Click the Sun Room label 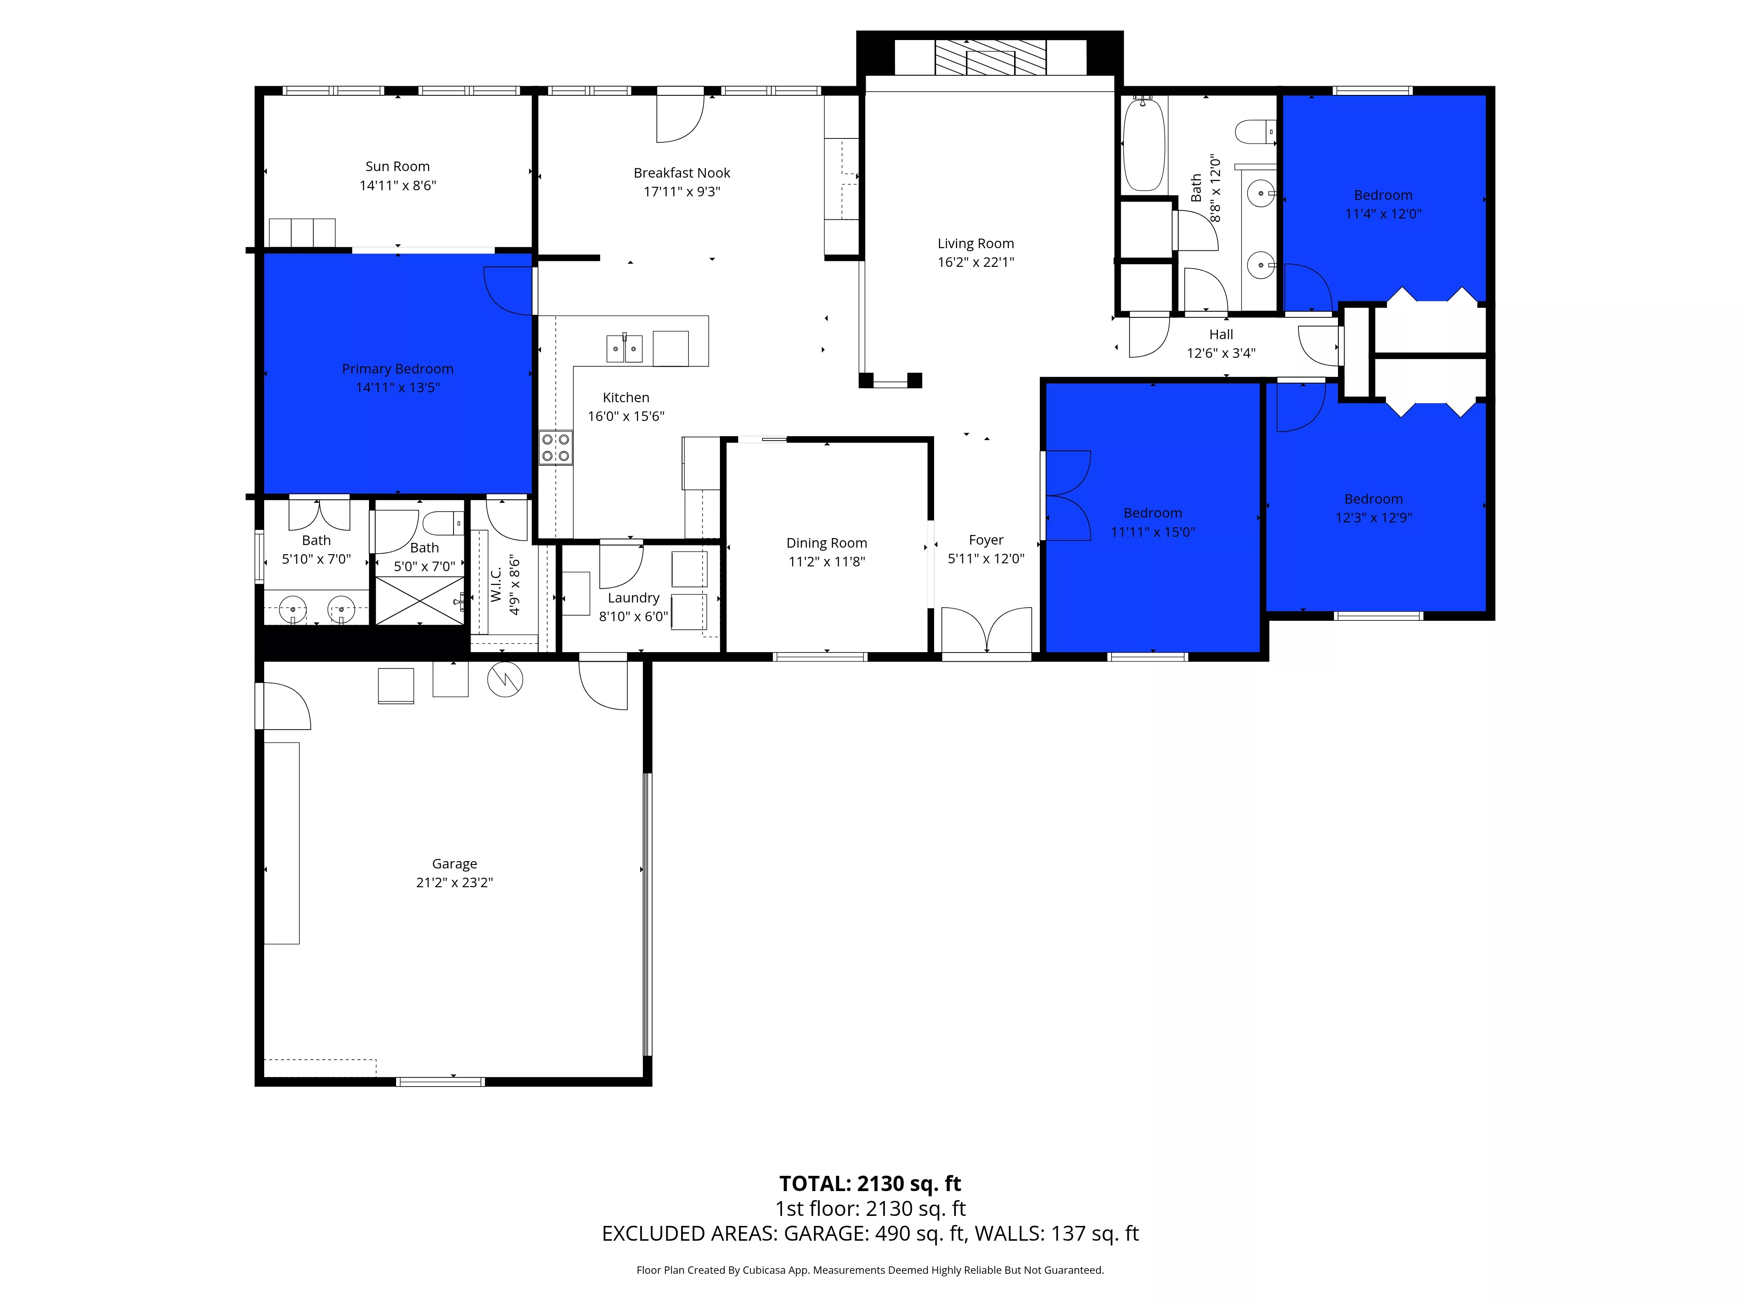[x=397, y=167]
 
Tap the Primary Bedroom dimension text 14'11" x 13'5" [x=397, y=387]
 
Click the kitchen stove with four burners [x=556, y=447]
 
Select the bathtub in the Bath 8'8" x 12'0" [x=1143, y=144]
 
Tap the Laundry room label [x=634, y=598]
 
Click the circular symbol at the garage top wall [x=505, y=680]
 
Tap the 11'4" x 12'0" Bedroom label [x=1383, y=195]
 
